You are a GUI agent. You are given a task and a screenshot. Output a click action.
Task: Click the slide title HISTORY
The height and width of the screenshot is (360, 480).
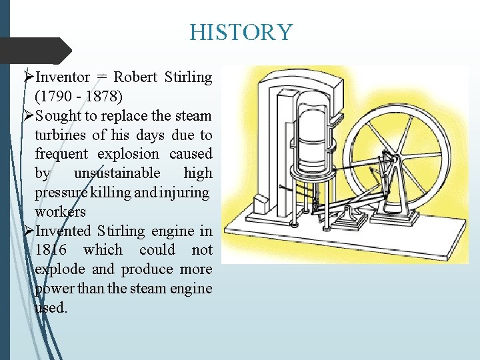(x=241, y=32)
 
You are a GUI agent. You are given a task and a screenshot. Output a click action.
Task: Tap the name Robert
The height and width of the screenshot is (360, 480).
(x=135, y=77)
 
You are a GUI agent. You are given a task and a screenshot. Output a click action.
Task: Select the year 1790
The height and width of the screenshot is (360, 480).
(x=53, y=96)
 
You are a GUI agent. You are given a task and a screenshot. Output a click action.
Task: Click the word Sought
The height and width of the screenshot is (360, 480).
(x=59, y=115)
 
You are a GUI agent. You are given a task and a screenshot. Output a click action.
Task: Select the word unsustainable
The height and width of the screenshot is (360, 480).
(x=117, y=173)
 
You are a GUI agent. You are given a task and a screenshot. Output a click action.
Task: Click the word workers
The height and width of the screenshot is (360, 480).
(x=60, y=212)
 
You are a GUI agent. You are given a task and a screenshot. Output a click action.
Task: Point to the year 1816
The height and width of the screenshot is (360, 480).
(x=51, y=251)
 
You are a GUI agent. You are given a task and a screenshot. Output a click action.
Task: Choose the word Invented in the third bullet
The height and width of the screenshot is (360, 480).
(x=64, y=231)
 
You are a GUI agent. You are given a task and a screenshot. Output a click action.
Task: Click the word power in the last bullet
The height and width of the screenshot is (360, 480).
(x=51, y=289)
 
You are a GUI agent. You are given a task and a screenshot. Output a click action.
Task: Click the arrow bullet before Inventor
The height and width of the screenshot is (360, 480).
(x=28, y=77)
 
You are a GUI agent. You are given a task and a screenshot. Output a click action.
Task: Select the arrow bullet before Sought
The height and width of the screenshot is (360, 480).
(x=28, y=115)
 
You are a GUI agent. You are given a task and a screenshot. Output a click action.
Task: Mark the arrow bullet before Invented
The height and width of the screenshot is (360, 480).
(x=28, y=231)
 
